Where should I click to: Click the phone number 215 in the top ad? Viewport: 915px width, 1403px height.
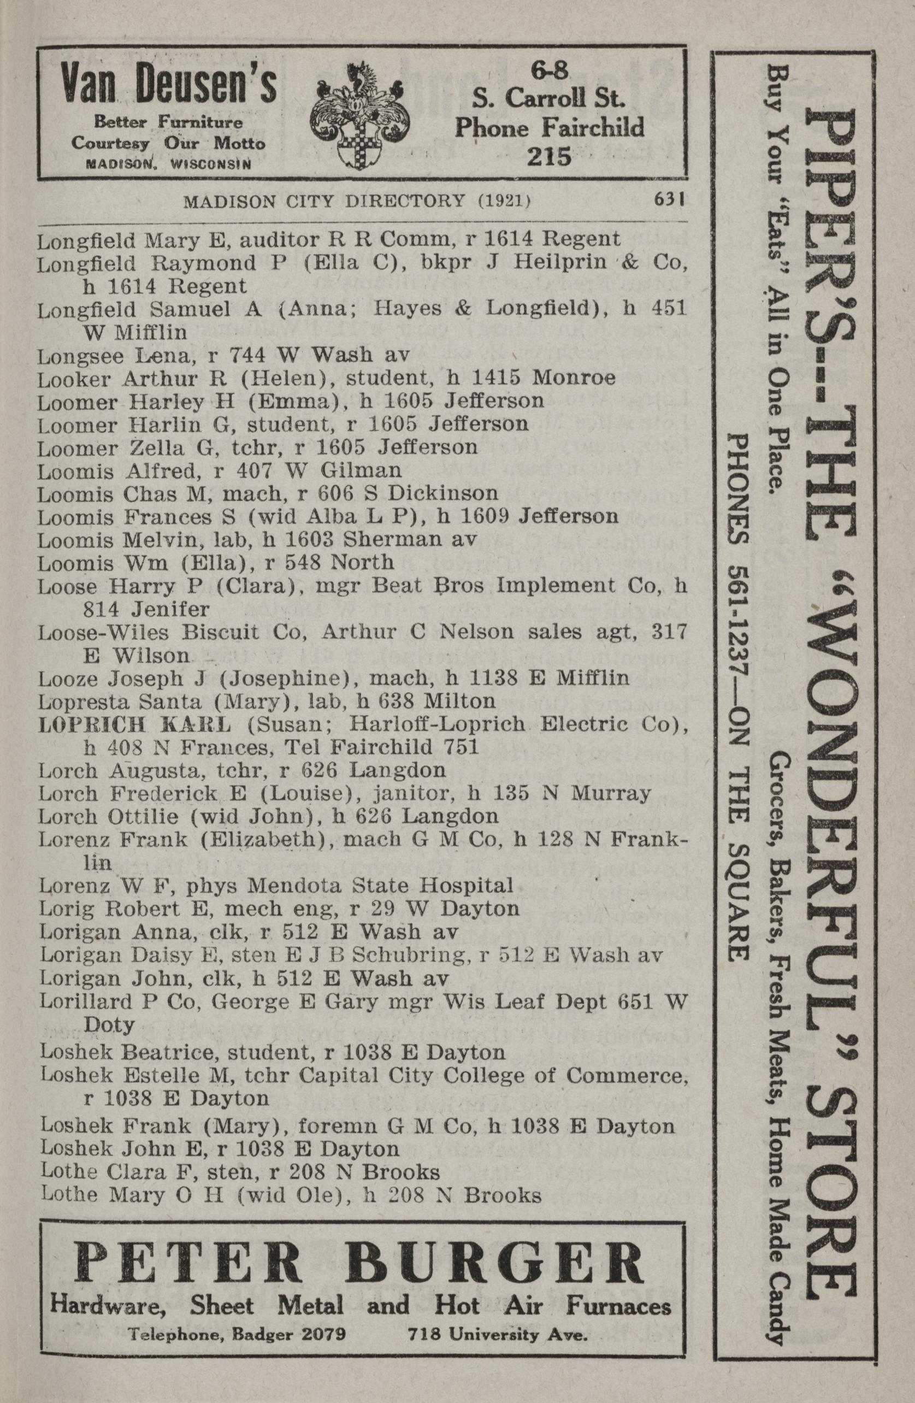(x=550, y=156)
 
